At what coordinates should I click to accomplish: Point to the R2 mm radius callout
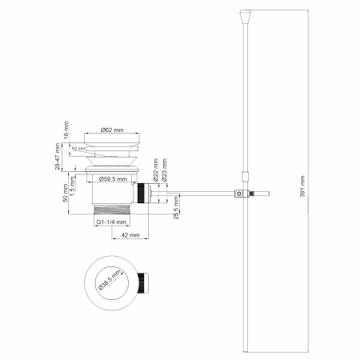click(x=78, y=149)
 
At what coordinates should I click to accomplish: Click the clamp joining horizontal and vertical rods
click(x=238, y=193)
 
